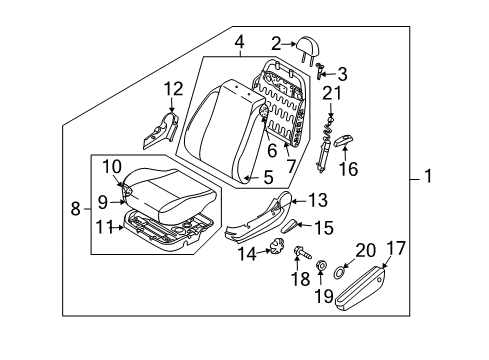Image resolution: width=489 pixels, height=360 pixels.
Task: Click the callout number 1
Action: pos(429,179)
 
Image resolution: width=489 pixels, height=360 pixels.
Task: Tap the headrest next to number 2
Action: pos(307,43)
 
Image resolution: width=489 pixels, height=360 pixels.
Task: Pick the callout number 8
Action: pos(76,210)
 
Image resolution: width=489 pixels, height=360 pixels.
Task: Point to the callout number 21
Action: pos(331,95)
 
